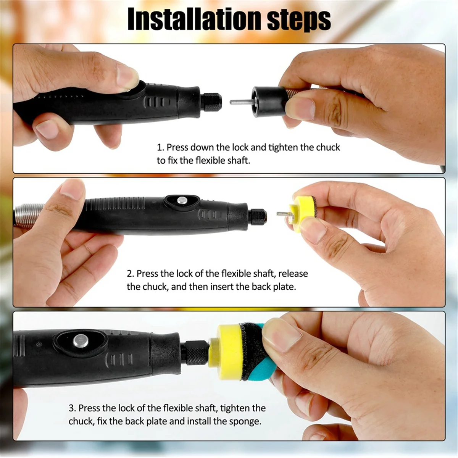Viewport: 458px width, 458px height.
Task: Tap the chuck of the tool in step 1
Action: point(211,102)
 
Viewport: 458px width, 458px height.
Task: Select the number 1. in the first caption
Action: point(161,147)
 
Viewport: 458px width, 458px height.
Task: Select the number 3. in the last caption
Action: point(73,408)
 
